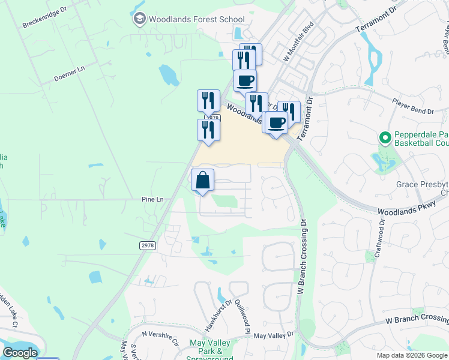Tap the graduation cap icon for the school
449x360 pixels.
[x=139, y=19]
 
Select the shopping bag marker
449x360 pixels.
[x=203, y=180]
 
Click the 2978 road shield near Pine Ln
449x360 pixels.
[x=147, y=245]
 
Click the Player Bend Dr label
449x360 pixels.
[x=412, y=107]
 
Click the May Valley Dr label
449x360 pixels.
[x=273, y=335]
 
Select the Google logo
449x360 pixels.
[x=20, y=353]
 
